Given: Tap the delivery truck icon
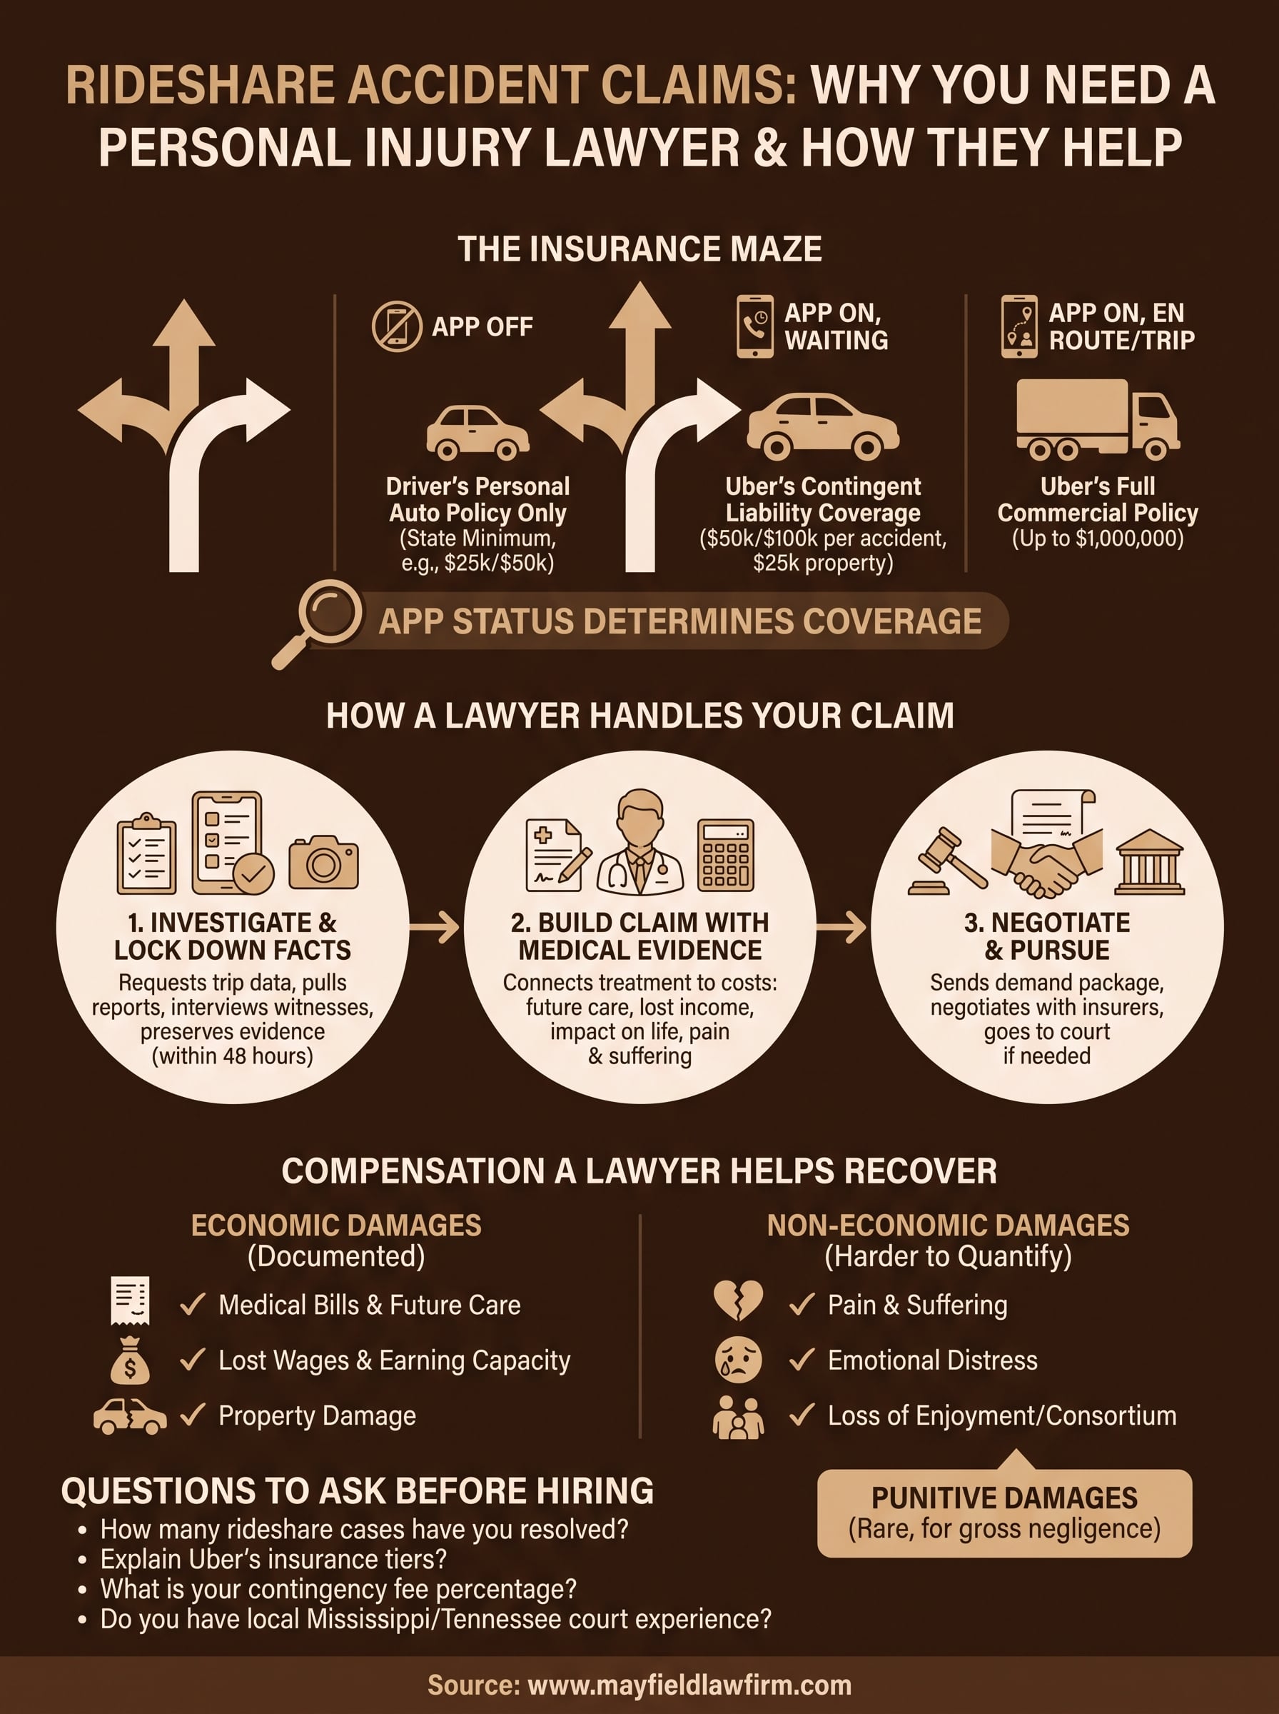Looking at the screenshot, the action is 1098,419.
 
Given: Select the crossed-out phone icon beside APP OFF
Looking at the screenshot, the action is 396,326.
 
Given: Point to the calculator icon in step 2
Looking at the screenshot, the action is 725,855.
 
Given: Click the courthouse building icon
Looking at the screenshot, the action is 1150,862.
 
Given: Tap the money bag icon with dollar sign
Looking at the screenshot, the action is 130,1360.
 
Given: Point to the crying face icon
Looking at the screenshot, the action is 738,1359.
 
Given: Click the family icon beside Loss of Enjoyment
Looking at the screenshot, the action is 738,1418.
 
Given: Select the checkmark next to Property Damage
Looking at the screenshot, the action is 192,1414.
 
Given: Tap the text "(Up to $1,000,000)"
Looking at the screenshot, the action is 1097,538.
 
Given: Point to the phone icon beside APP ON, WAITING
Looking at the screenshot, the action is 755,326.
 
